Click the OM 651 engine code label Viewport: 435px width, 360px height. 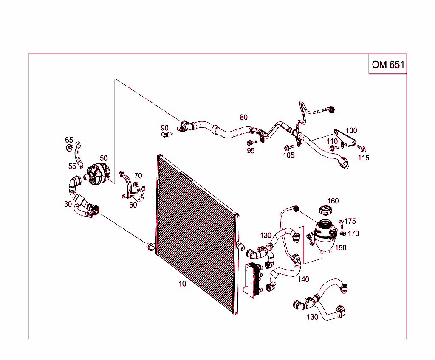point(387,65)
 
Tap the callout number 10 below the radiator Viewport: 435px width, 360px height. point(182,284)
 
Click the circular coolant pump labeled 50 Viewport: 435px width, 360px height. point(98,174)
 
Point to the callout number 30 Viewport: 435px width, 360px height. point(68,204)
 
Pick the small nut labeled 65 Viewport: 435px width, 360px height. point(68,148)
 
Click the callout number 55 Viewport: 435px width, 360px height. point(72,166)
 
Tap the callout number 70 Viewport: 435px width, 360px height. point(138,176)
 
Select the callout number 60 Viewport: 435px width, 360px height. point(133,205)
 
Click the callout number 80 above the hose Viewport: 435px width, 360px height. point(243,117)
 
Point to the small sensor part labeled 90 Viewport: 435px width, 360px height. point(166,135)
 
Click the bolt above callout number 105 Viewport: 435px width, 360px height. point(288,147)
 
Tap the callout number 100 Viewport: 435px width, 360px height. point(351,130)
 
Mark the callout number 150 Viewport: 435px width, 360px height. point(341,248)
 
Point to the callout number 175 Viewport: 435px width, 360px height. point(350,221)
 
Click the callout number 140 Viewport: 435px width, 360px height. point(303,279)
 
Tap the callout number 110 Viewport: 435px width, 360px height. point(332,141)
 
